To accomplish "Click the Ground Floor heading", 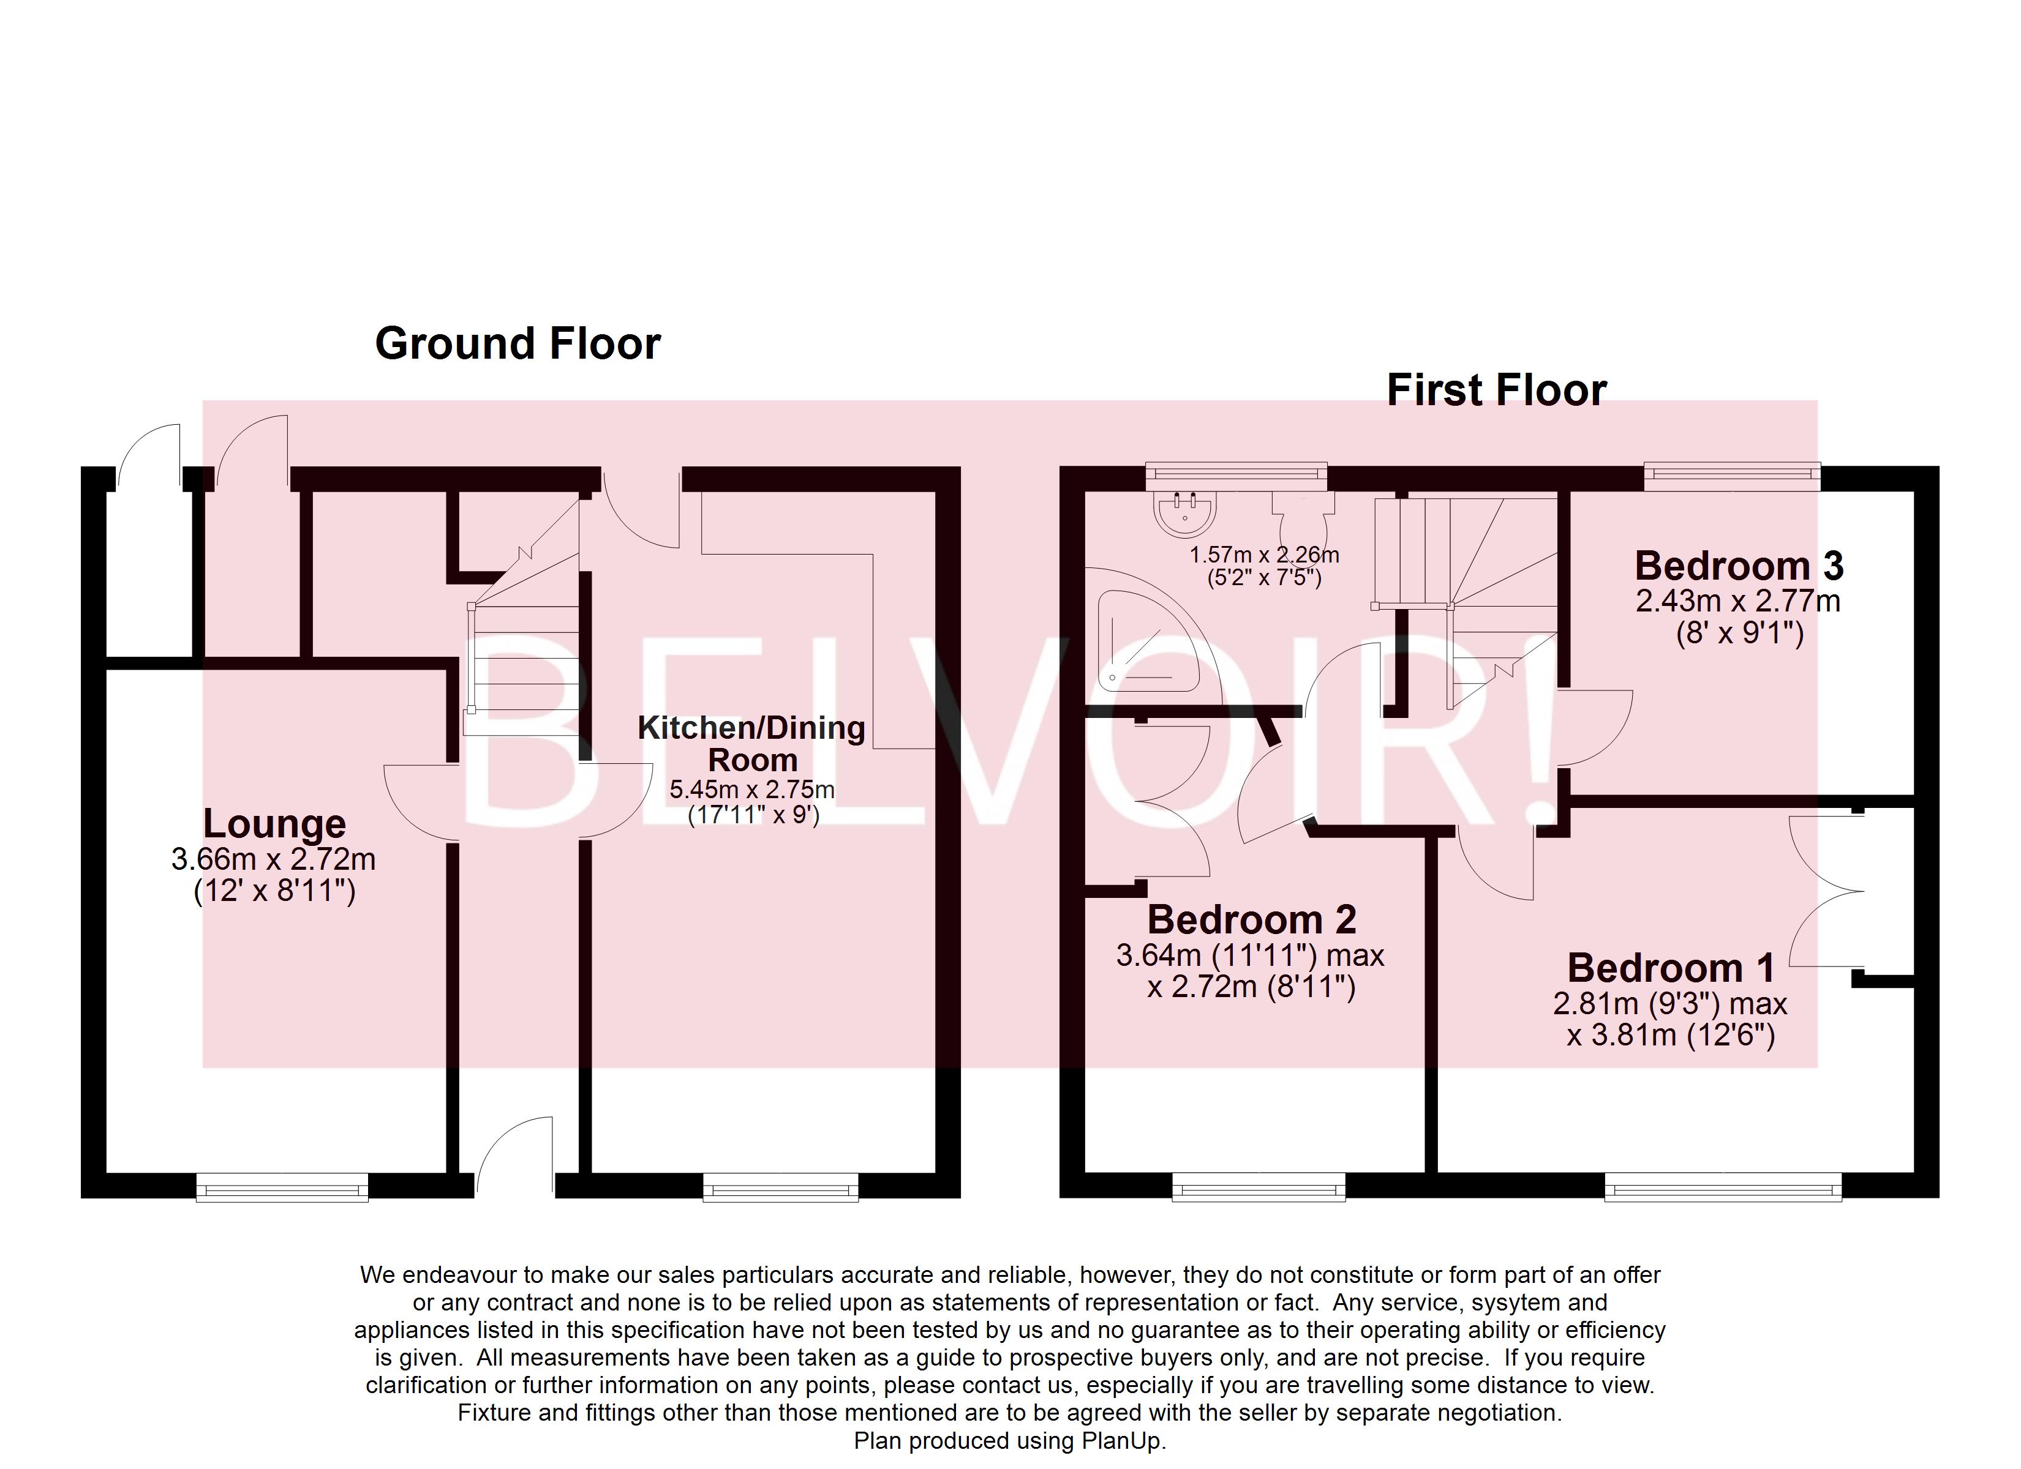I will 517,344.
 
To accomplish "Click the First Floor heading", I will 1496,390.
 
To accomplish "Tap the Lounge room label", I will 274,824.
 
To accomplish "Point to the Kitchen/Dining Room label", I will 751,744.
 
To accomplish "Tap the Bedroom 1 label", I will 1671,968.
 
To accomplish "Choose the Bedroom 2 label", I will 1251,920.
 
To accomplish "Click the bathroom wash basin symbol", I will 1184,513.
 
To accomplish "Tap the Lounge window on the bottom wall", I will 282,1187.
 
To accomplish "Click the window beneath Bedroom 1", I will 1723,1187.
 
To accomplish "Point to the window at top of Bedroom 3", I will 1731,477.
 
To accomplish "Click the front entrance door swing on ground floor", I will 515,1156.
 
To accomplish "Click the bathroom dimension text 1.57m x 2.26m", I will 1263,556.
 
